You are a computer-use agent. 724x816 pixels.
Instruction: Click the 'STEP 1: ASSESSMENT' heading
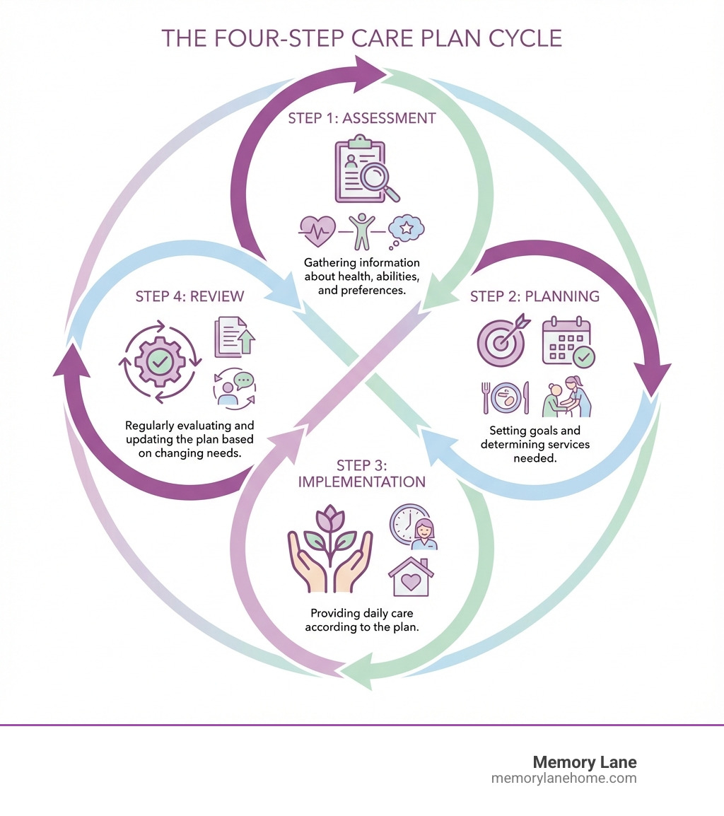[x=361, y=118]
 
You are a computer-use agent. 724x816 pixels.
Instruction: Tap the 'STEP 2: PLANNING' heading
[x=535, y=296]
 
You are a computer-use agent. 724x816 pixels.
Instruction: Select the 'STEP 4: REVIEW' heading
[x=189, y=296]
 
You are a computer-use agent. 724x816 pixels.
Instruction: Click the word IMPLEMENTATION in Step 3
[x=361, y=482]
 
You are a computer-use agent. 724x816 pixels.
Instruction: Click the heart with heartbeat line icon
[x=317, y=228]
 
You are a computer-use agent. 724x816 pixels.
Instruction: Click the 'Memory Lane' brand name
[x=584, y=763]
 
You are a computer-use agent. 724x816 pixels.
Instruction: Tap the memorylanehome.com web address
[x=564, y=779]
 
